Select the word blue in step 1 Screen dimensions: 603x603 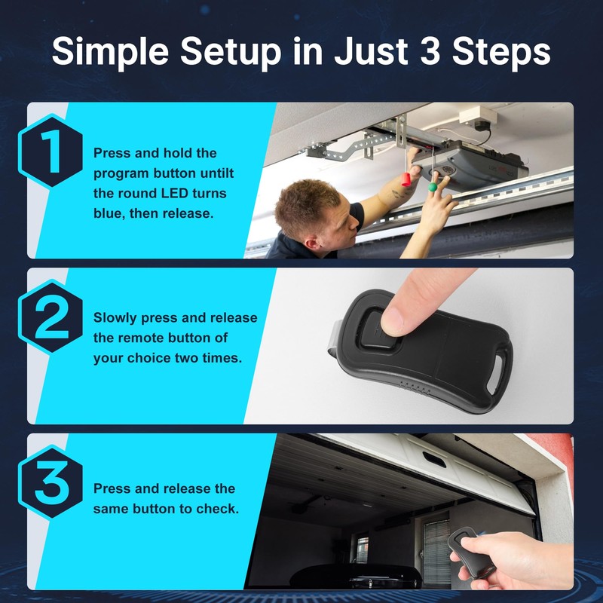point(109,214)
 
